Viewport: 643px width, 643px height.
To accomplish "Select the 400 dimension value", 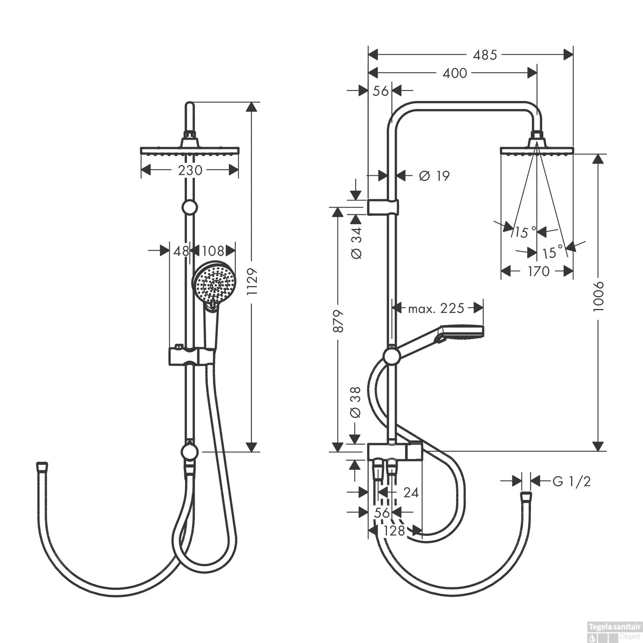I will [x=455, y=73].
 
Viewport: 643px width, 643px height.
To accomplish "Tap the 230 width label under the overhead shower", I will [x=190, y=170].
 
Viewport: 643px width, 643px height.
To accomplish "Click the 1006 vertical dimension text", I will [x=598, y=296].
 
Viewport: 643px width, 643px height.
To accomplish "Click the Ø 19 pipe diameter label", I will [x=434, y=176].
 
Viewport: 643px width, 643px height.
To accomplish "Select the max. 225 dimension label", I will [x=436, y=308].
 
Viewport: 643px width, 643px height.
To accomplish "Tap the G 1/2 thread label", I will [x=571, y=481].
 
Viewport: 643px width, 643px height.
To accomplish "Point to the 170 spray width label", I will [x=538, y=271].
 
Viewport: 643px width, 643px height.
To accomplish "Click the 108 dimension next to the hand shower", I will [x=213, y=251].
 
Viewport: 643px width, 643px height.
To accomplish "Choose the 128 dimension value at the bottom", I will [x=394, y=531].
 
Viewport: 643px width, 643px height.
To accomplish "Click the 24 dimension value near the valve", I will [x=411, y=493].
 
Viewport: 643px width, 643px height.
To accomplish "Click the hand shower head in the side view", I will [x=461, y=332].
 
